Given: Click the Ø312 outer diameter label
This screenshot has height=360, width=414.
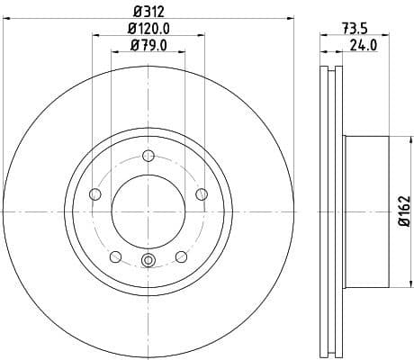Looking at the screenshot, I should pos(148,11).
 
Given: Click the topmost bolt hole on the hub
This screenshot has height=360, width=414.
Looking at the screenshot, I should pos(148,155).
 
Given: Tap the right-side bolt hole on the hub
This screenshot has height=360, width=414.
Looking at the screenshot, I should pos(202,193).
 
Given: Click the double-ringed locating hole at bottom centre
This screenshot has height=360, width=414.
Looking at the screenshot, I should pos(148,262).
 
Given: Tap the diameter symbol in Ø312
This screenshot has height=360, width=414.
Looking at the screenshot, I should pos(136,11).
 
